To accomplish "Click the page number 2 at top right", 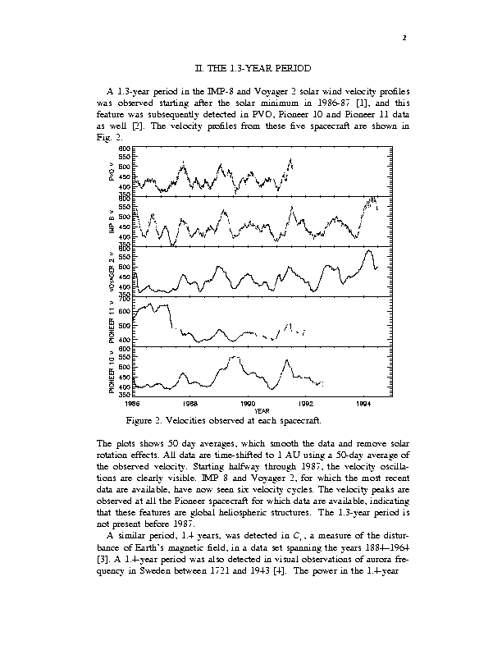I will pos(404,37).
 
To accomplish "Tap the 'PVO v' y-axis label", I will pos(111,171).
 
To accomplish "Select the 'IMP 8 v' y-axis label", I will pos(111,222).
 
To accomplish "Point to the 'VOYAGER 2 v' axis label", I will pos(111,271).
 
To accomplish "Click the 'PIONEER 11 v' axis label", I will pos(111,322).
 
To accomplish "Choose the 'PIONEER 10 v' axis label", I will pos(111,370).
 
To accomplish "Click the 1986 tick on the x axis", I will pos(131,404).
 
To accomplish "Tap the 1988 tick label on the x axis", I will pos(189,404).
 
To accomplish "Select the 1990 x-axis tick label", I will pos(248,404).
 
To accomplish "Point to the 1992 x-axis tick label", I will pos(306,404).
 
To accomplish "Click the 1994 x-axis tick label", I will pos(364,404).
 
